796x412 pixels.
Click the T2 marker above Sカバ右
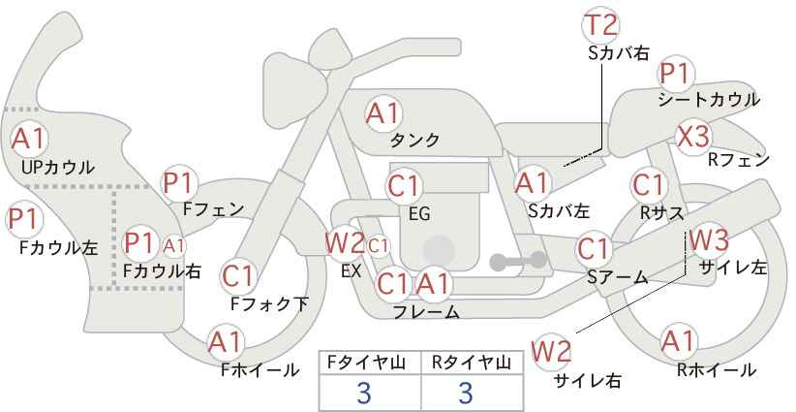point(600,25)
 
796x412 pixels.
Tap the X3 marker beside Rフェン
point(692,137)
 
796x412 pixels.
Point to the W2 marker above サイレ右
point(551,352)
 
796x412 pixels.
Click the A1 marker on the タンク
point(383,113)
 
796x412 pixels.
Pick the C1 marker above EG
point(404,187)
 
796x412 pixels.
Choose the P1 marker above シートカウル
point(676,75)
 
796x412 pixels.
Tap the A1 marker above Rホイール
point(678,342)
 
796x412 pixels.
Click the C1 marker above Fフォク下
point(238,277)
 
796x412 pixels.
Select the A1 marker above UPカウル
point(29,140)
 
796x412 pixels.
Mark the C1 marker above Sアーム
point(593,249)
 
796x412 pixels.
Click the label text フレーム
point(426,312)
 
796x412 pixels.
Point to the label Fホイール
point(260,370)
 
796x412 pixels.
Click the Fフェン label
point(213,208)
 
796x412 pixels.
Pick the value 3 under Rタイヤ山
point(466,394)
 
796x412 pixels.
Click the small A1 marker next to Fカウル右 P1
point(174,246)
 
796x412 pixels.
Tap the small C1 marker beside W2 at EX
point(378,246)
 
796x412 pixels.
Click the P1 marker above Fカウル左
point(24,219)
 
